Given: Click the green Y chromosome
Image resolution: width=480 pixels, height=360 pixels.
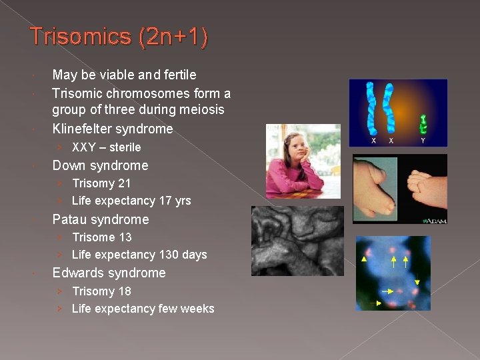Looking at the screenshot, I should pyautogui.click(x=423, y=125).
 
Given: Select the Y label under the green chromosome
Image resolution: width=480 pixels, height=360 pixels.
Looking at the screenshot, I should pyautogui.click(x=423, y=140).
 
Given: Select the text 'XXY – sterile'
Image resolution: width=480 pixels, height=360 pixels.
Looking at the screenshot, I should pyautogui.click(x=106, y=147).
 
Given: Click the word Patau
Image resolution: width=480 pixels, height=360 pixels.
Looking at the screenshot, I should pyautogui.click(x=69, y=219).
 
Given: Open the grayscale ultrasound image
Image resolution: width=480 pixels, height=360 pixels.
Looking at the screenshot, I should pyautogui.click(x=297, y=241).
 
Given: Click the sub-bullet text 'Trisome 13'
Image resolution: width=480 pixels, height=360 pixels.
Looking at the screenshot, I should pyautogui.click(x=101, y=237).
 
